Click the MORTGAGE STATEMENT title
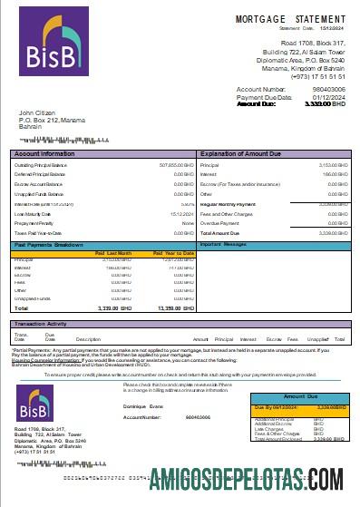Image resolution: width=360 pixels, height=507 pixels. pos(290,19)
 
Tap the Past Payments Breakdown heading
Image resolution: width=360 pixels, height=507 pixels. pos(50,245)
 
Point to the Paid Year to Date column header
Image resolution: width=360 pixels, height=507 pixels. pos(172,252)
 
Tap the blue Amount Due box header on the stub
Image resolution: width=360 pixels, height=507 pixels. pos(300,397)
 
